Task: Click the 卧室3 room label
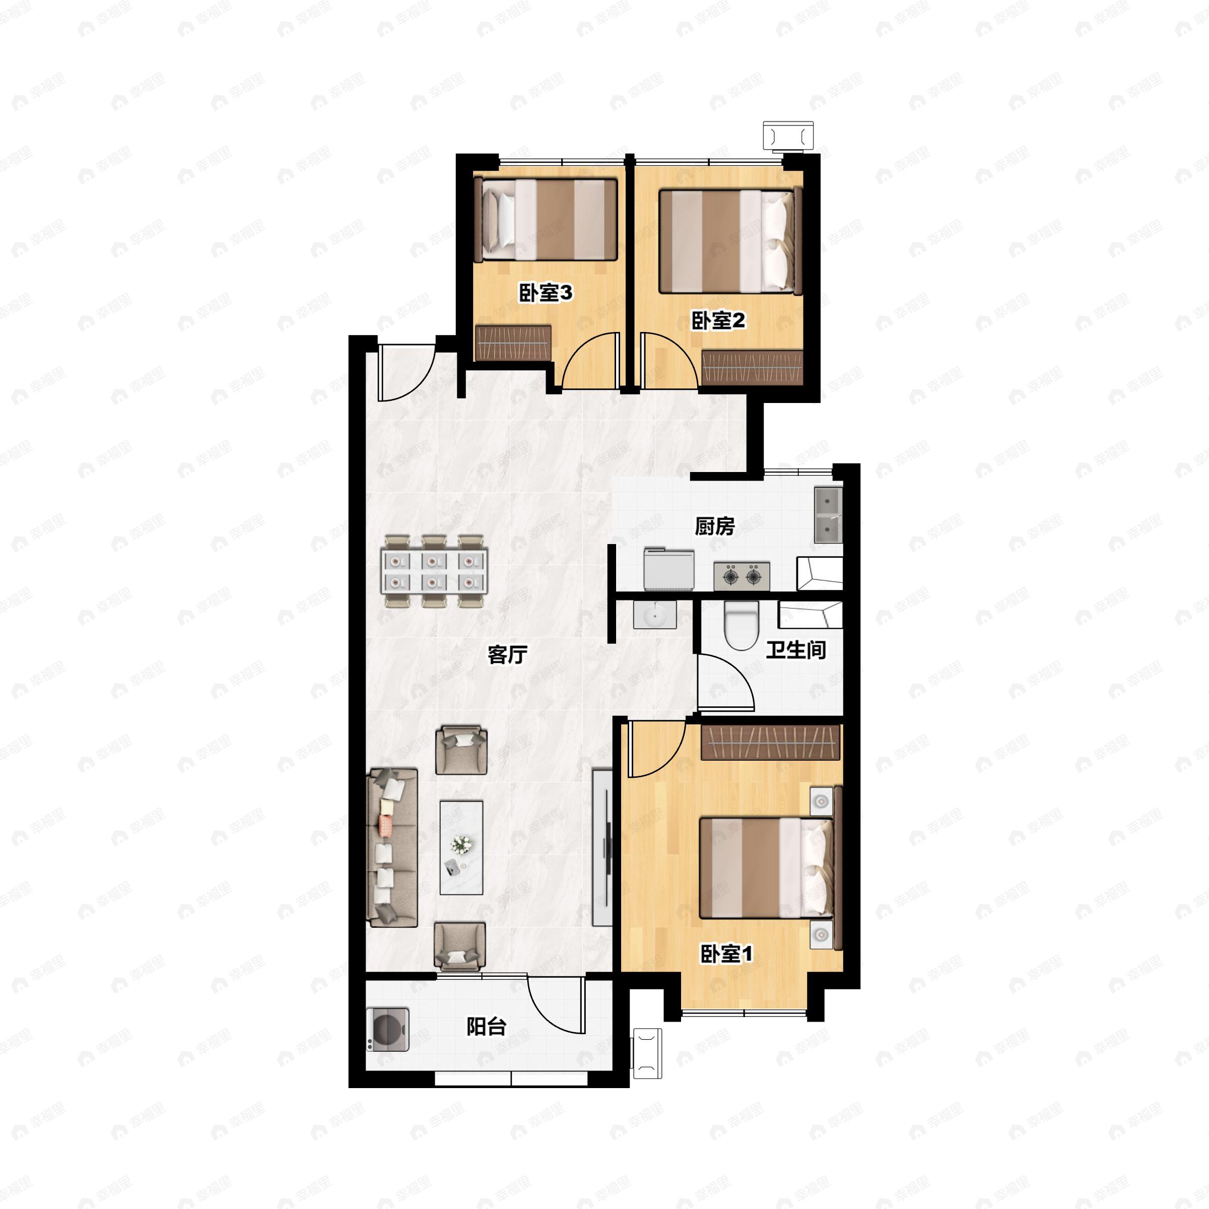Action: coord(545,292)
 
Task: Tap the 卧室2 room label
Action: coord(718,320)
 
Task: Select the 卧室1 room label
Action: coord(726,954)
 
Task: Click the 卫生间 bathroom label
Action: coord(796,649)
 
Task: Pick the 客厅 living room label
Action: coord(507,654)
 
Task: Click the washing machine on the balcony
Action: coord(388,1029)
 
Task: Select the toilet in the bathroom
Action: coord(742,626)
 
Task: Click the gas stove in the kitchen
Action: coord(742,576)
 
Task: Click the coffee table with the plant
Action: coord(461,847)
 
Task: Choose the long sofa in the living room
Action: coord(392,847)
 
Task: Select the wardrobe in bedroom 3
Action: coord(513,343)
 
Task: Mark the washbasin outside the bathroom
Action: coord(654,614)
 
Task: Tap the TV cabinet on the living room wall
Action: coord(602,847)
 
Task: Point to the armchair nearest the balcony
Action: coord(459,947)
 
